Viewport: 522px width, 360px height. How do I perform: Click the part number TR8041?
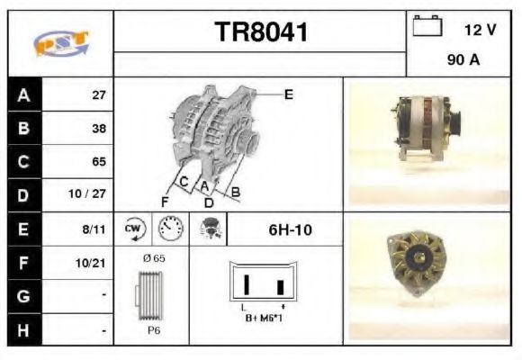(x=260, y=33)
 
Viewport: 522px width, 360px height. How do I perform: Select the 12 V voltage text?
(x=481, y=30)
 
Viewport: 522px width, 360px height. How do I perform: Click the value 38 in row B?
(x=99, y=128)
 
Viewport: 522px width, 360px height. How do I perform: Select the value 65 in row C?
(x=99, y=162)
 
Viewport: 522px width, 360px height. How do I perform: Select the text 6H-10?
(x=290, y=229)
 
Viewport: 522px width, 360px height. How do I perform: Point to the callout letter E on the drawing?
(x=288, y=94)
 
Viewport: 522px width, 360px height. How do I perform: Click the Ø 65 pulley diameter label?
(x=153, y=259)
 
